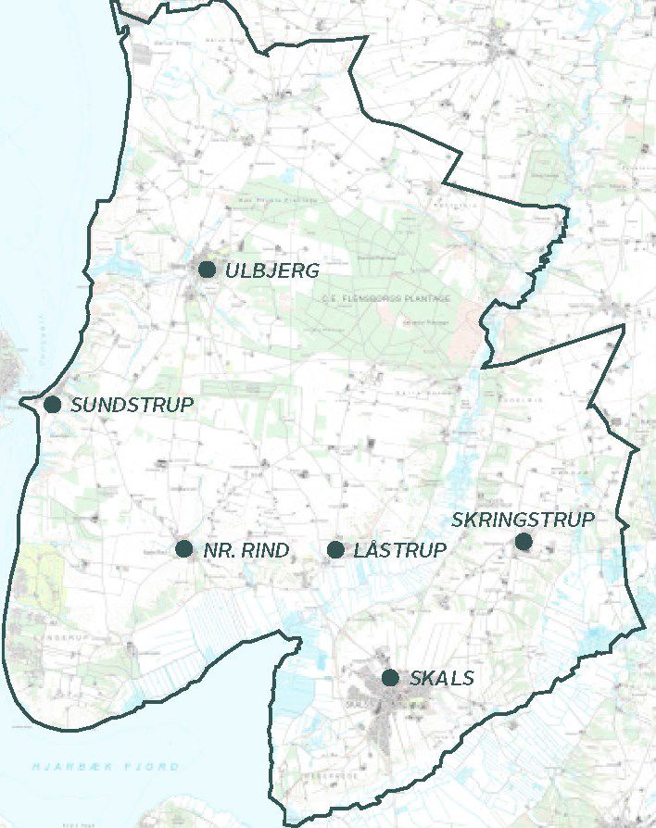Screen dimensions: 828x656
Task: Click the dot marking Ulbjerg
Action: (207, 270)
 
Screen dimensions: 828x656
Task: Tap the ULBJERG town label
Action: (271, 270)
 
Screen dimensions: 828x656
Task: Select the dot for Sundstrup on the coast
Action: (52, 405)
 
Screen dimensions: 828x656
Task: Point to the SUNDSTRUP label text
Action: (132, 405)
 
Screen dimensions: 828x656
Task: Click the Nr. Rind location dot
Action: (183, 549)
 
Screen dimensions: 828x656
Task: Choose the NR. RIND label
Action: (246, 550)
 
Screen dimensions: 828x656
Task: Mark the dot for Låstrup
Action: (335, 550)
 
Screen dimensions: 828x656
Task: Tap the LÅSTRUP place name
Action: (400, 550)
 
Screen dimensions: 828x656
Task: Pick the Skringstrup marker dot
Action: (524, 541)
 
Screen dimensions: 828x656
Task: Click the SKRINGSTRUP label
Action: (523, 520)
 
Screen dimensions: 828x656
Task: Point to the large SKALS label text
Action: (441, 679)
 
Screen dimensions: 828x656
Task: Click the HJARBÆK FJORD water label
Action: (106, 767)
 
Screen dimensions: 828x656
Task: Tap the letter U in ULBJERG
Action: (232, 270)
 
